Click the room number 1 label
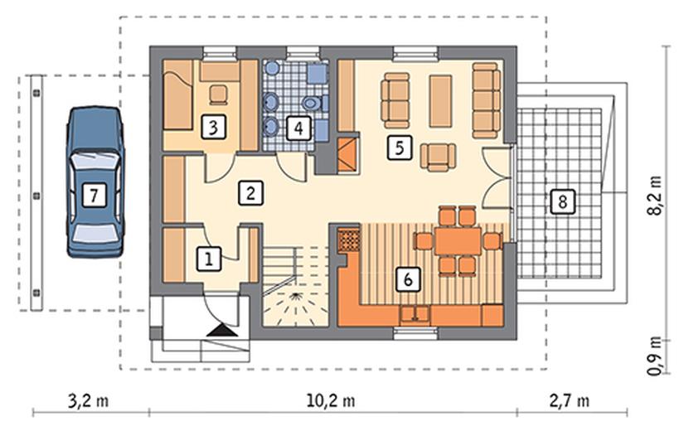tap(209, 259)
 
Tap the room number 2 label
tap(250, 193)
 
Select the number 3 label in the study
tap(213, 128)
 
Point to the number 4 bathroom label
tap(298, 128)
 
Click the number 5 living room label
tap(399, 148)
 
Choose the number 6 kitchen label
tap(408, 279)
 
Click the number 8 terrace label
tap(562, 202)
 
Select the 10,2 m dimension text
tap(331, 400)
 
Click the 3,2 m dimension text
tap(89, 400)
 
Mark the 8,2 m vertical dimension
tap(654, 196)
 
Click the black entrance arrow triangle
tap(222, 331)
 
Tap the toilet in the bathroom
tap(313, 104)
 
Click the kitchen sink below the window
tap(415, 315)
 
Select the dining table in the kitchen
tap(458, 241)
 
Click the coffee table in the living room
tap(440, 101)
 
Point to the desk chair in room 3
tap(218, 94)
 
